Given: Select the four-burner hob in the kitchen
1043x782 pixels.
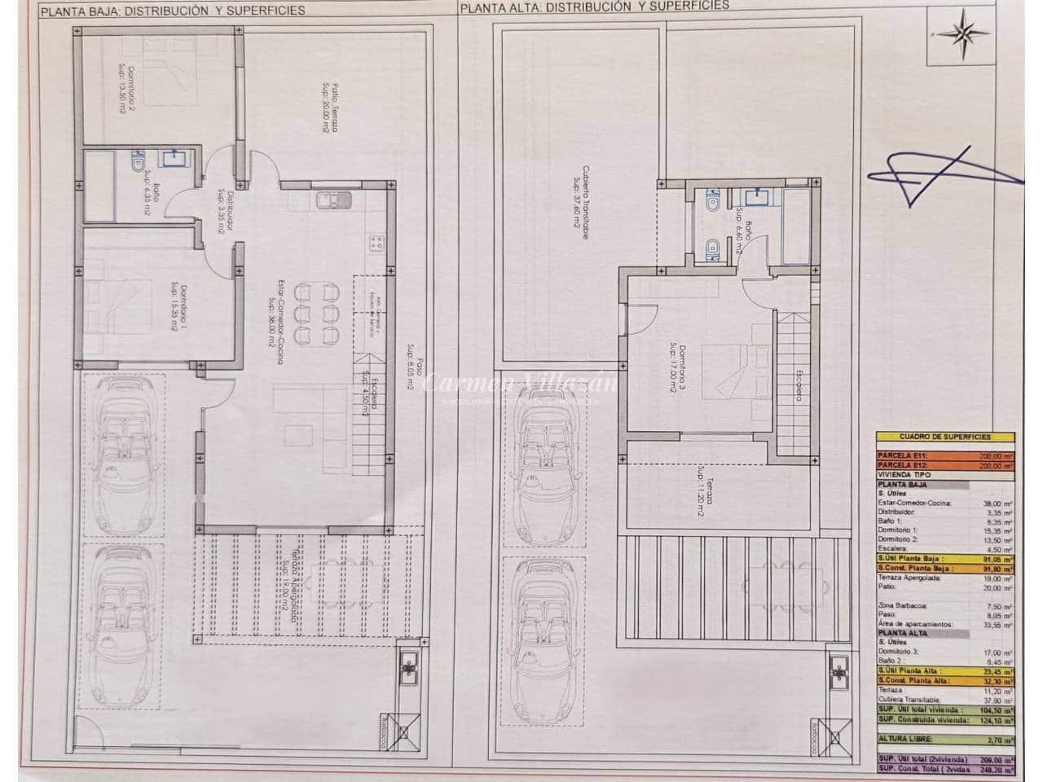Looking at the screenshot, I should (377, 243).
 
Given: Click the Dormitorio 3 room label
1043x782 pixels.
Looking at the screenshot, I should (674, 366).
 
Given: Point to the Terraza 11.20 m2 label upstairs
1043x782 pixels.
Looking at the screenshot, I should (702, 492).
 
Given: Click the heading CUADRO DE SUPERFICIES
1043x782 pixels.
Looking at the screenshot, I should (944, 437).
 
